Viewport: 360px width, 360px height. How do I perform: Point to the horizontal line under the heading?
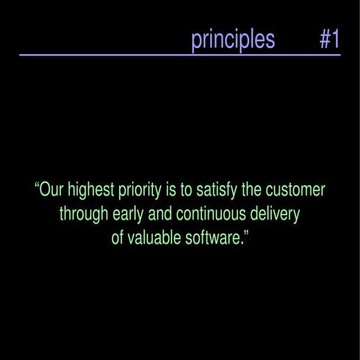pos(180,55)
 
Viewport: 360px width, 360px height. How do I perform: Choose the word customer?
pos(295,189)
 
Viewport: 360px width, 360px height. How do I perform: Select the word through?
pos(83,214)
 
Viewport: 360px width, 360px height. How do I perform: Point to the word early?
pos(127,214)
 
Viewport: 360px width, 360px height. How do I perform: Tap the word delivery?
pos(274,214)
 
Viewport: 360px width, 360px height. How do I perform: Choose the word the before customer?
pos(252,189)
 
